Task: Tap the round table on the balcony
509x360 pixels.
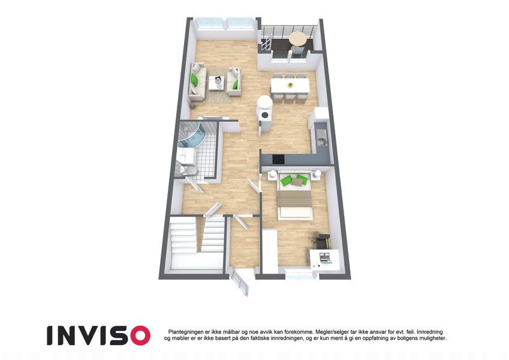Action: coord(298,38)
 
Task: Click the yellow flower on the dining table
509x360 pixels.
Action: coord(290,85)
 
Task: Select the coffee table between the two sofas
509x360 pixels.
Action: coord(216,83)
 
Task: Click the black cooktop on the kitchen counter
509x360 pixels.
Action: coord(278,159)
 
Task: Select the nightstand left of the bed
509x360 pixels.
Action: coord(272,175)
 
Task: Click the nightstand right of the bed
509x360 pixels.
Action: coord(317,175)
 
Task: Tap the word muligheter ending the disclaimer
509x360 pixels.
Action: coord(431,338)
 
